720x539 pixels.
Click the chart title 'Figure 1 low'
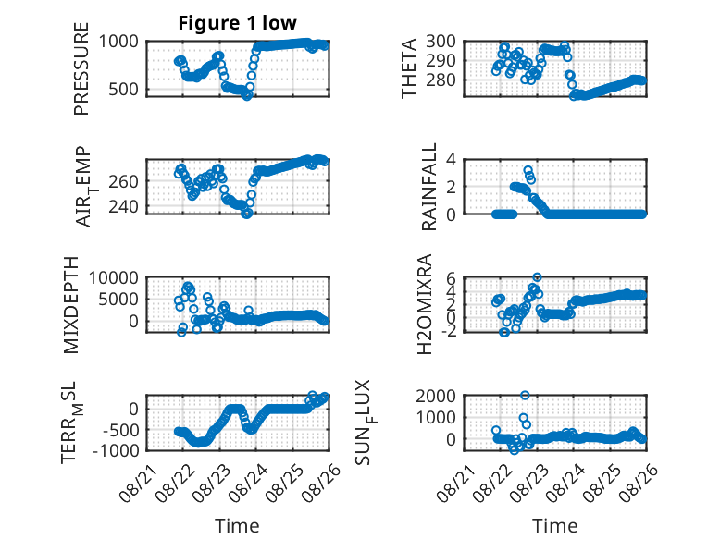coord(238,23)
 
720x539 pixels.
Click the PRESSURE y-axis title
coord(81,68)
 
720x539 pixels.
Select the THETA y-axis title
coord(408,68)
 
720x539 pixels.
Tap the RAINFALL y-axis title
coord(428,187)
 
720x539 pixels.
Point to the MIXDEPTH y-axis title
coord(70,305)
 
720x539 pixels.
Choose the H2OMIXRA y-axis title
coord(424,304)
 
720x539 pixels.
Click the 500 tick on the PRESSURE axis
coord(123,90)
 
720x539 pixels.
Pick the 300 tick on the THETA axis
coord(441,42)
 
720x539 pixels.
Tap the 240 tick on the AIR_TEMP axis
coord(123,207)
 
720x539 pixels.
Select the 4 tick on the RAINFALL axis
coord(452,160)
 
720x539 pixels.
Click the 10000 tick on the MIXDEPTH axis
coord(114,277)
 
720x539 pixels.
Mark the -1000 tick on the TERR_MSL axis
coord(117,450)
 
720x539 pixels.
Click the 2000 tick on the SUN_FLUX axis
coord(436,396)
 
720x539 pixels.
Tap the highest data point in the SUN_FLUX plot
coord(525,395)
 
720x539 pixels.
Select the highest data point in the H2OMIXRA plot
coord(537,277)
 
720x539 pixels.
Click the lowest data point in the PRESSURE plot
coord(246,96)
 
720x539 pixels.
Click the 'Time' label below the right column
coord(554,526)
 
